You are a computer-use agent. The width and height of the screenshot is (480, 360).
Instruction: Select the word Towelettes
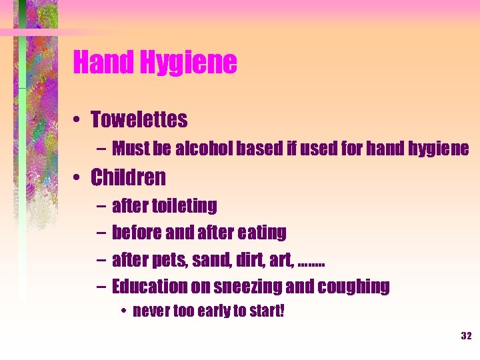[x=139, y=120]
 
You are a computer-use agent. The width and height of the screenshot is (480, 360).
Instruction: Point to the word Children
[x=128, y=178]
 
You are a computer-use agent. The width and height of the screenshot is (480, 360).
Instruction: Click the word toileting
[x=185, y=206]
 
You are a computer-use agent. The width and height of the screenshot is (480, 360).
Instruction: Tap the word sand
[x=213, y=261]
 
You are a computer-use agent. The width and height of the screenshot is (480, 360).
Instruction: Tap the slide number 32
[x=466, y=335]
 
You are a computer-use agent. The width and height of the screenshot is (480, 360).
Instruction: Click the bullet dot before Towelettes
[x=79, y=121]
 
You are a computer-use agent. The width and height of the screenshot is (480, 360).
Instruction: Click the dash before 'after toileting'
[x=99, y=207]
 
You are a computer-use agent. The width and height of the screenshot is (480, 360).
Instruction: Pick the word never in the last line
[x=149, y=311]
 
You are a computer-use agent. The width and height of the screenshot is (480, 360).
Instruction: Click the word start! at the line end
[x=266, y=311]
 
